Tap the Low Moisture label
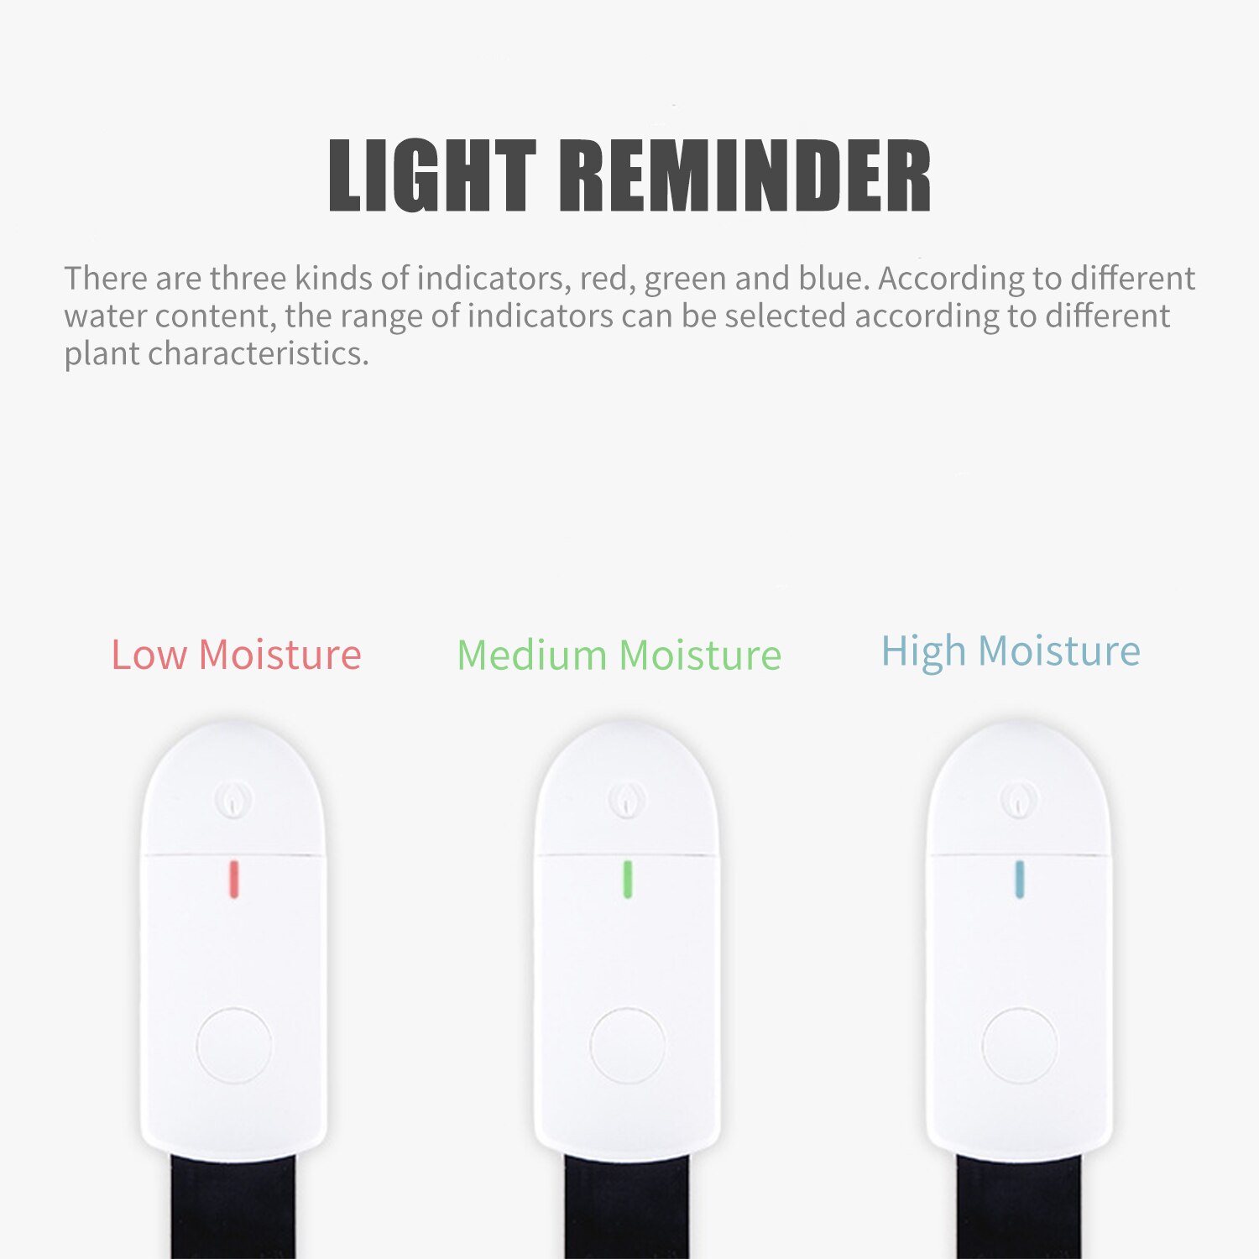236,655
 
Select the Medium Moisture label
619,656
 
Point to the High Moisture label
1011,651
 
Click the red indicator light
234,878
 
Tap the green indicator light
627,879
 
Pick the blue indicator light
1020,879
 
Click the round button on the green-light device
627,1045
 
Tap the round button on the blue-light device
1020,1046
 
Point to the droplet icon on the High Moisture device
1019,800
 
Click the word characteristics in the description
258,353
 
